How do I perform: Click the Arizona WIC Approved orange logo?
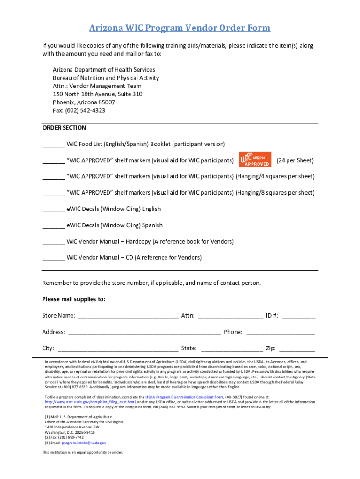pos(255,160)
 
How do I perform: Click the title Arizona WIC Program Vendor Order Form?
pos(180,28)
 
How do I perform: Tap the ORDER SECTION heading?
pos(64,128)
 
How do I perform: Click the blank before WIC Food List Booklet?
pos(53,145)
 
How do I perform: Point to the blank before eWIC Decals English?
pos(53,210)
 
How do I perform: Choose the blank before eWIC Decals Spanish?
pos(53,226)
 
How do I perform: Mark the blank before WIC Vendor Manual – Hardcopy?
pos(53,242)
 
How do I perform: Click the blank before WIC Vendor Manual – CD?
pos(53,258)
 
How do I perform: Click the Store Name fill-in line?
pos(128,316)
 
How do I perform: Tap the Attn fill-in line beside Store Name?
pos(230,316)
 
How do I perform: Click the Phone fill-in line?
pos(281,333)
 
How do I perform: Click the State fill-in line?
pos(231,349)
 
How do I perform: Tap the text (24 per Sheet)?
pos(295,160)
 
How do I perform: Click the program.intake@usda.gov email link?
pos(84,443)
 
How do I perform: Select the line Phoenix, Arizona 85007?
pos(84,102)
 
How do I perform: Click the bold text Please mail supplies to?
pos(74,299)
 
